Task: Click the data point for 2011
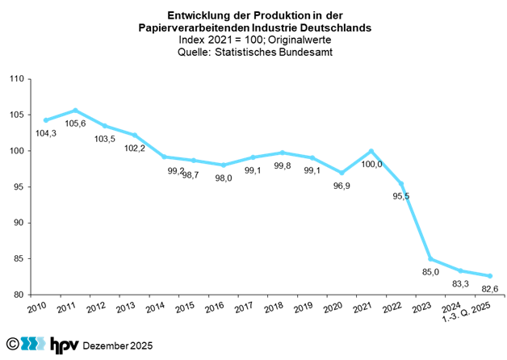pos(75,111)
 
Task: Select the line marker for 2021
pos(371,151)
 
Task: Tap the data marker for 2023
pos(430,259)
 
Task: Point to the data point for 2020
pos(341,173)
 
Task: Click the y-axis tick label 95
pos(19,186)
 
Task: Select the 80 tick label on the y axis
pos(19,295)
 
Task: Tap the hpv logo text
pos(64,345)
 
